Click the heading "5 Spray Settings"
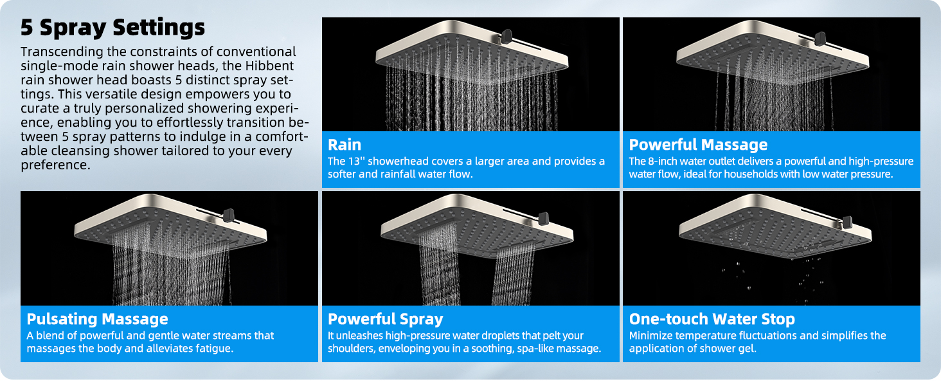(x=112, y=28)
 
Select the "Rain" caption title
(x=345, y=145)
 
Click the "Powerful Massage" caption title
(x=698, y=145)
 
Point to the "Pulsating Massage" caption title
(x=97, y=319)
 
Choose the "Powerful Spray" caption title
(x=386, y=319)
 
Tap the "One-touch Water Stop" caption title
(x=712, y=319)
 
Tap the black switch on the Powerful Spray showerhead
(x=543, y=217)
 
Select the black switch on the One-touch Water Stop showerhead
(x=848, y=222)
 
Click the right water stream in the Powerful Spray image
(x=514, y=273)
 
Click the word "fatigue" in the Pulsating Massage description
(x=214, y=349)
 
